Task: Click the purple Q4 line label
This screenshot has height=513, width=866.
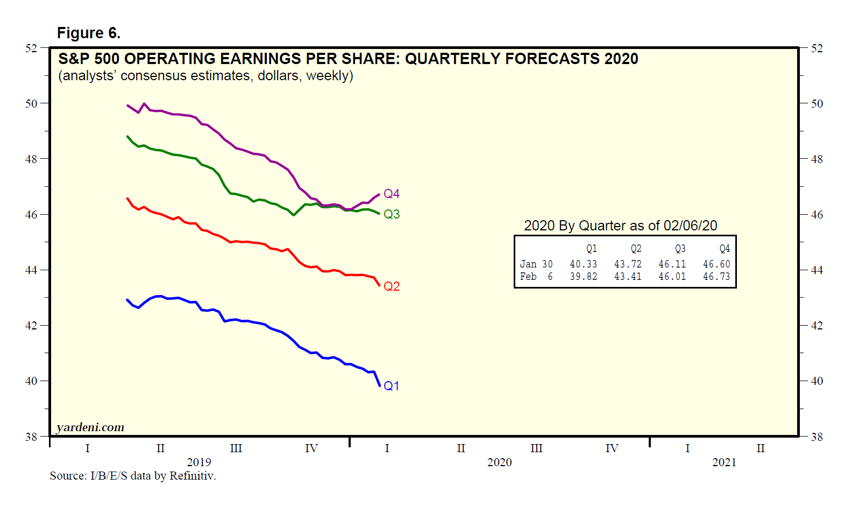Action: [391, 194]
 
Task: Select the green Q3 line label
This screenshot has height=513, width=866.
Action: [391, 214]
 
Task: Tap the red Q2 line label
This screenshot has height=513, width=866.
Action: [391, 286]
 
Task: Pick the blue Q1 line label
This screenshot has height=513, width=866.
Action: [391, 386]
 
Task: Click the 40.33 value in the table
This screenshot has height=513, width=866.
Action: [583, 264]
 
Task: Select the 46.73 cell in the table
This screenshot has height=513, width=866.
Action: [716, 277]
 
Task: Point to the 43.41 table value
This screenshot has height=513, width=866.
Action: [628, 277]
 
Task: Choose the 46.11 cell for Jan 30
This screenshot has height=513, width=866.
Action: [672, 264]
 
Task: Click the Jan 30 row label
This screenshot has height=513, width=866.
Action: [536, 264]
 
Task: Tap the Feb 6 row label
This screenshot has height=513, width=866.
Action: [536, 277]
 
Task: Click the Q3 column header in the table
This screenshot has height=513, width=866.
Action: [680, 249]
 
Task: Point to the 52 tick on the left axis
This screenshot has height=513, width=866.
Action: [31, 48]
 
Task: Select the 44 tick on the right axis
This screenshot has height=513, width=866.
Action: [817, 270]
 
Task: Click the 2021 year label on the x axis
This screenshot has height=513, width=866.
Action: [724, 462]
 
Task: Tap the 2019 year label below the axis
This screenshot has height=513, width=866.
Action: [199, 462]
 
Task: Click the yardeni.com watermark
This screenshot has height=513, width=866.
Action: [90, 427]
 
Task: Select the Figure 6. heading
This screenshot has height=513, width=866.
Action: [89, 33]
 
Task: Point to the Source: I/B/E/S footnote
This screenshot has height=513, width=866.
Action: [133, 476]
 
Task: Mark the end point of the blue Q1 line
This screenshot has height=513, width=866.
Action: [380, 385]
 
